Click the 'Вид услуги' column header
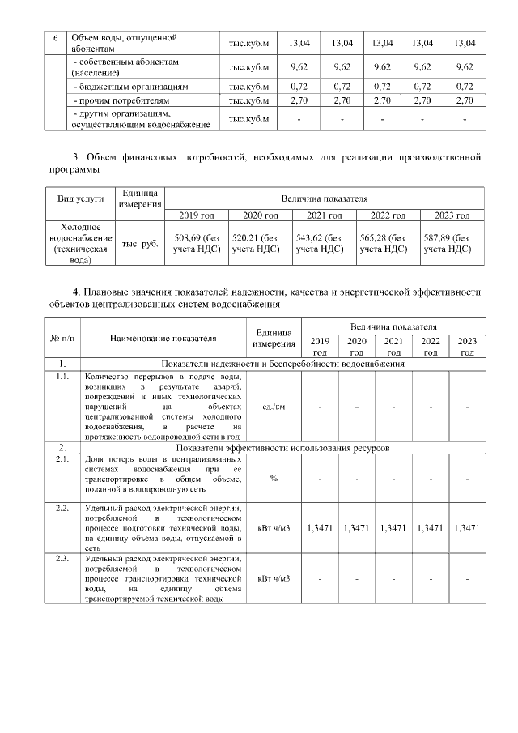pyautogui.click(x=74, y=199)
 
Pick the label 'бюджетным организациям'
pyautogui.click(x=131, y=85)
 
